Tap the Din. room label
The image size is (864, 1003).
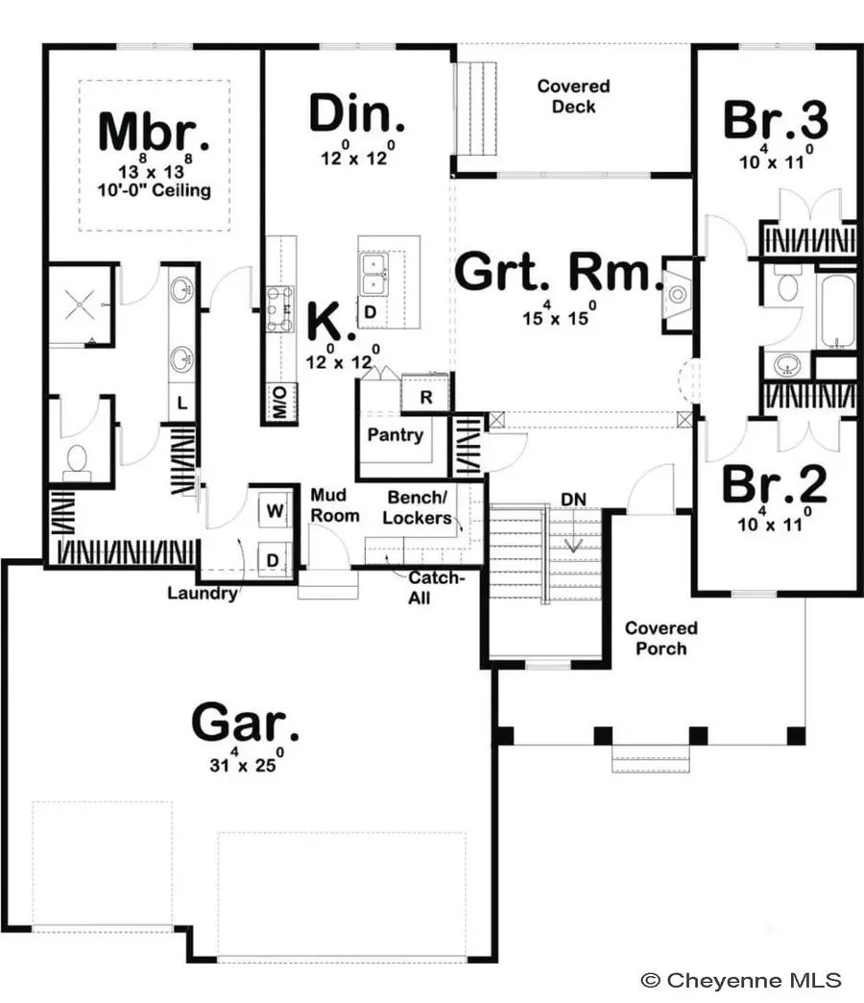point(357,115)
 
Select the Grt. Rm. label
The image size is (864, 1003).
point(558,273)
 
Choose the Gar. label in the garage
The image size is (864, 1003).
point(245,721)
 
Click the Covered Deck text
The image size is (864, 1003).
point(573,96)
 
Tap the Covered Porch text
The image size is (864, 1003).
point(660,638)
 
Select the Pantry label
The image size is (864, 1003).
point(395,435)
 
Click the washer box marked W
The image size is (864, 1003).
point(275,512)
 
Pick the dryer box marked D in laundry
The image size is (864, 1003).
point(273,559)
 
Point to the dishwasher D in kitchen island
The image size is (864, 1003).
point(370,312)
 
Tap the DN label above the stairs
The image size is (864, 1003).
point(574,498)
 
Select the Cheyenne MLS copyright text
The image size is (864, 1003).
point(741,980)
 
